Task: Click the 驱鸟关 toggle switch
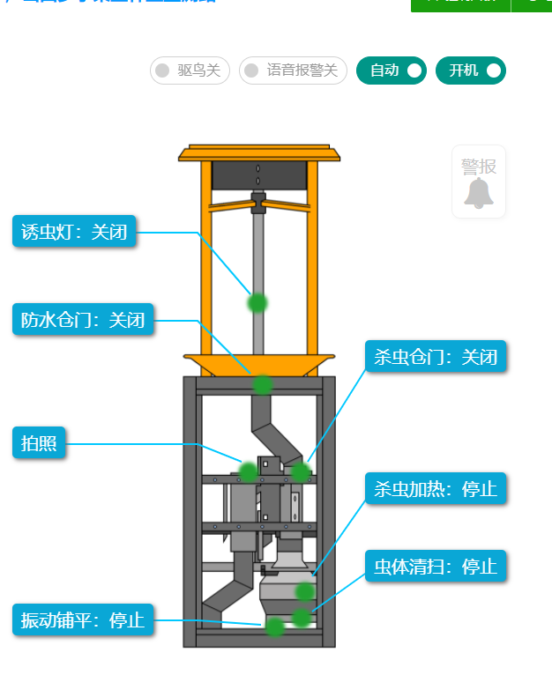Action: click(190, 70)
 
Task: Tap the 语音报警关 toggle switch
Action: click(293, 70)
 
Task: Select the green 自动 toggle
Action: click(392, 70)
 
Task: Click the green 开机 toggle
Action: click(471, 70)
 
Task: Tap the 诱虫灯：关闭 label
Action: click(74, 233)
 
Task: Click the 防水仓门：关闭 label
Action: click(83, 320)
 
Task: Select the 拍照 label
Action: click(39, 443)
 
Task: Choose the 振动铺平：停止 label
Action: click(83, 619)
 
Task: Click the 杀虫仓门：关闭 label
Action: click(436, 357)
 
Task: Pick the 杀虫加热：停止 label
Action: click(436, 488)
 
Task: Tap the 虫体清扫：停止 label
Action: click(436, 566)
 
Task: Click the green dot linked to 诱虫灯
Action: click(257, 303)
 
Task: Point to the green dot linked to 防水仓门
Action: click(263, 384)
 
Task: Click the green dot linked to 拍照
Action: click(248, 471)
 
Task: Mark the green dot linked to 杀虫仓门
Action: click(301, 472)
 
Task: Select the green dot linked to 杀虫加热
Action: click(305, 591)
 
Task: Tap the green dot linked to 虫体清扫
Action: click(302, 618)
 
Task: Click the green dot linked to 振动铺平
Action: click(275, 627)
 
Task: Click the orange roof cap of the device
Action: click(258, 154)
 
